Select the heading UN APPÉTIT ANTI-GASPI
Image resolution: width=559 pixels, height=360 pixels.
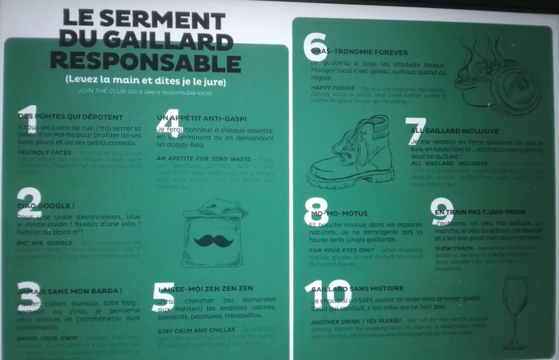pos(202,119)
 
